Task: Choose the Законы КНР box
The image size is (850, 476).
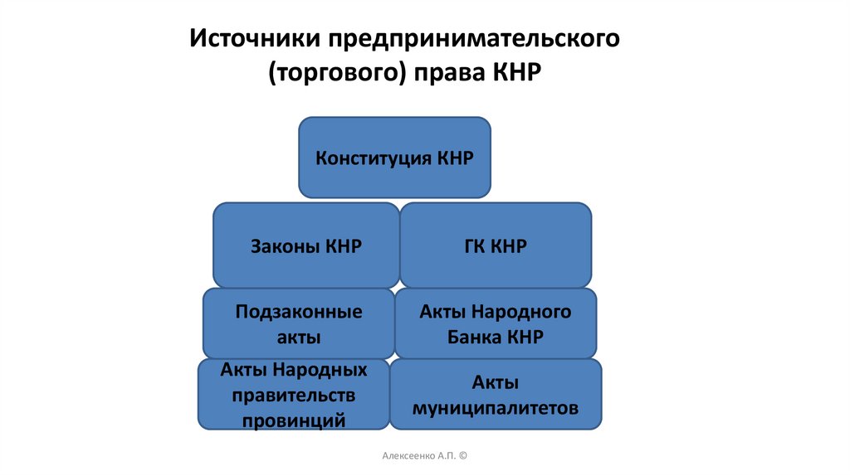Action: (305, 245)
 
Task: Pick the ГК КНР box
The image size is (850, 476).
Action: (496, 245)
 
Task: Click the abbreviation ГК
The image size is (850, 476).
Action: (476, 246)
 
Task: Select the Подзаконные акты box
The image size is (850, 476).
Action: (299, 324)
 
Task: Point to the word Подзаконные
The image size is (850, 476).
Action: (299, 313)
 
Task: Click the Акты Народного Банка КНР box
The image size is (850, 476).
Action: (496, 324)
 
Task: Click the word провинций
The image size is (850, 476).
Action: (294, 420)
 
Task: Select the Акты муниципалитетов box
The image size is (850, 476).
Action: (496, 395)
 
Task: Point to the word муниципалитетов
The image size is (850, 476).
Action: (496, 408)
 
